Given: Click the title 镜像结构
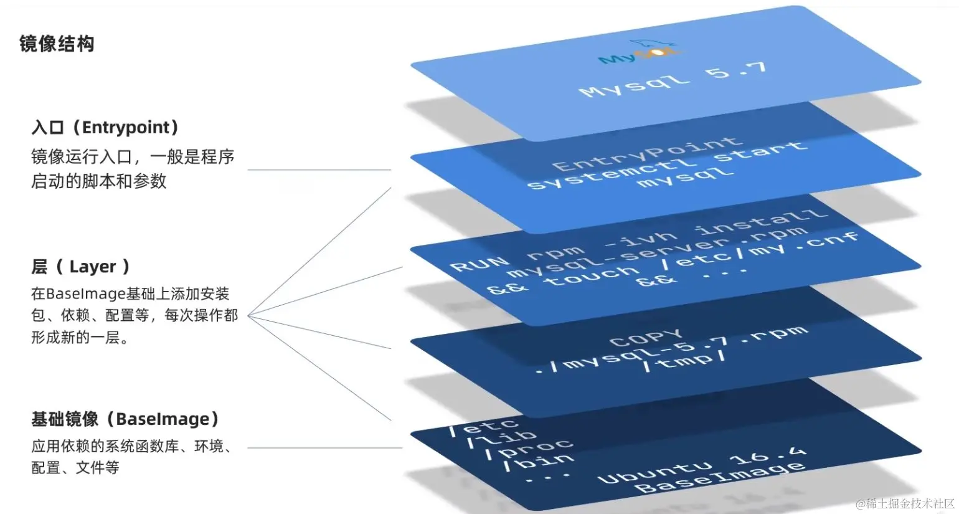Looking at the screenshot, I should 57,44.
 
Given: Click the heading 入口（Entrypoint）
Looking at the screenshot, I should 105,127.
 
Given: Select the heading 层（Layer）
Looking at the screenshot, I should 80,267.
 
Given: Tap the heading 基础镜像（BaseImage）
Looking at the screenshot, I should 125,419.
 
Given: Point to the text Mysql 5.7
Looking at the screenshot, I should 673,79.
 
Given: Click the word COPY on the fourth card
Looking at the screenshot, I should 646,338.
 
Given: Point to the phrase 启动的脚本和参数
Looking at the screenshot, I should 99,181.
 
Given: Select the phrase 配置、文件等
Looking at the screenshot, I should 75,467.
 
